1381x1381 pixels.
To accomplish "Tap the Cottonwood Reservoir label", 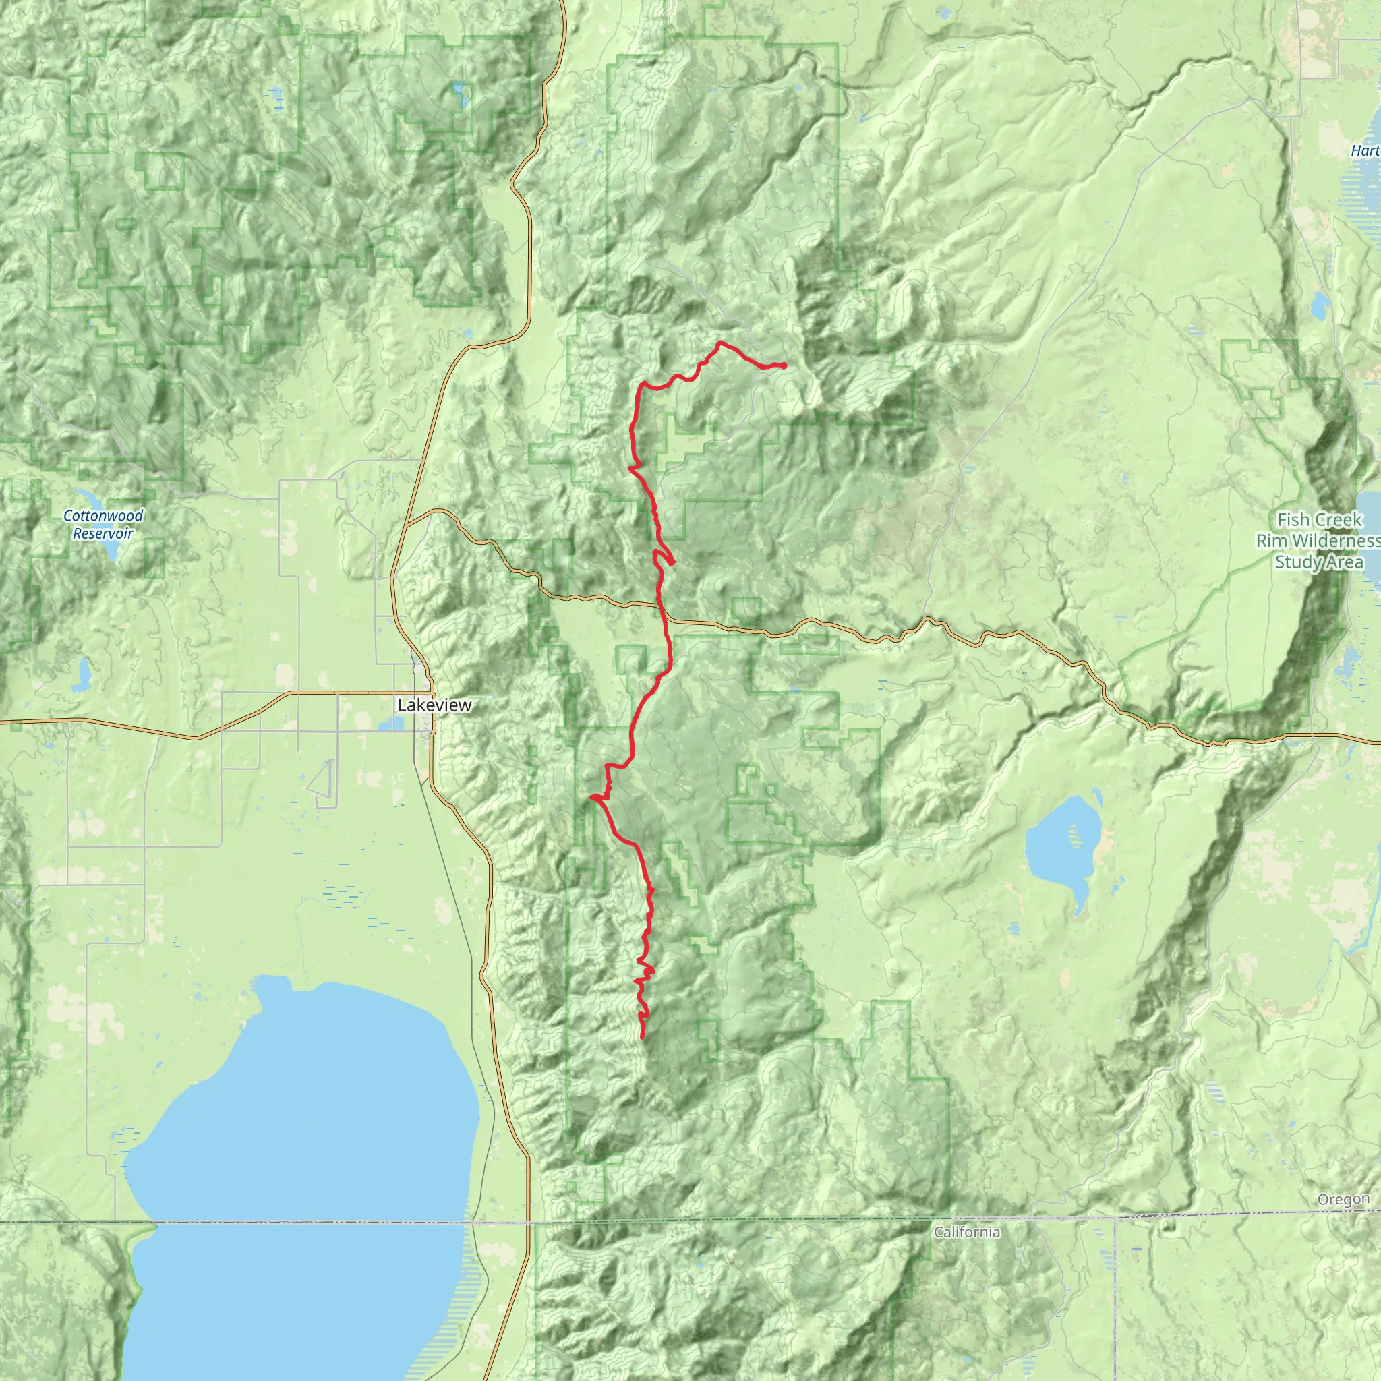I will coord(103,524).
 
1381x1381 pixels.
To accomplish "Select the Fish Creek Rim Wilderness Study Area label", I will coord(1318,540).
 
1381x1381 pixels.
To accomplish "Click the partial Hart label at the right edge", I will coord(1365,151).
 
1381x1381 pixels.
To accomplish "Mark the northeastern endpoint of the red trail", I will coord(784,366).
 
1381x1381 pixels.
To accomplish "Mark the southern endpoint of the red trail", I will coord(642,1036).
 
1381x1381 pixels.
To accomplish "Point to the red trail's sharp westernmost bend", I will coord(591,796).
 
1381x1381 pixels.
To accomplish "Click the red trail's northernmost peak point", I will coord(719,343).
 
